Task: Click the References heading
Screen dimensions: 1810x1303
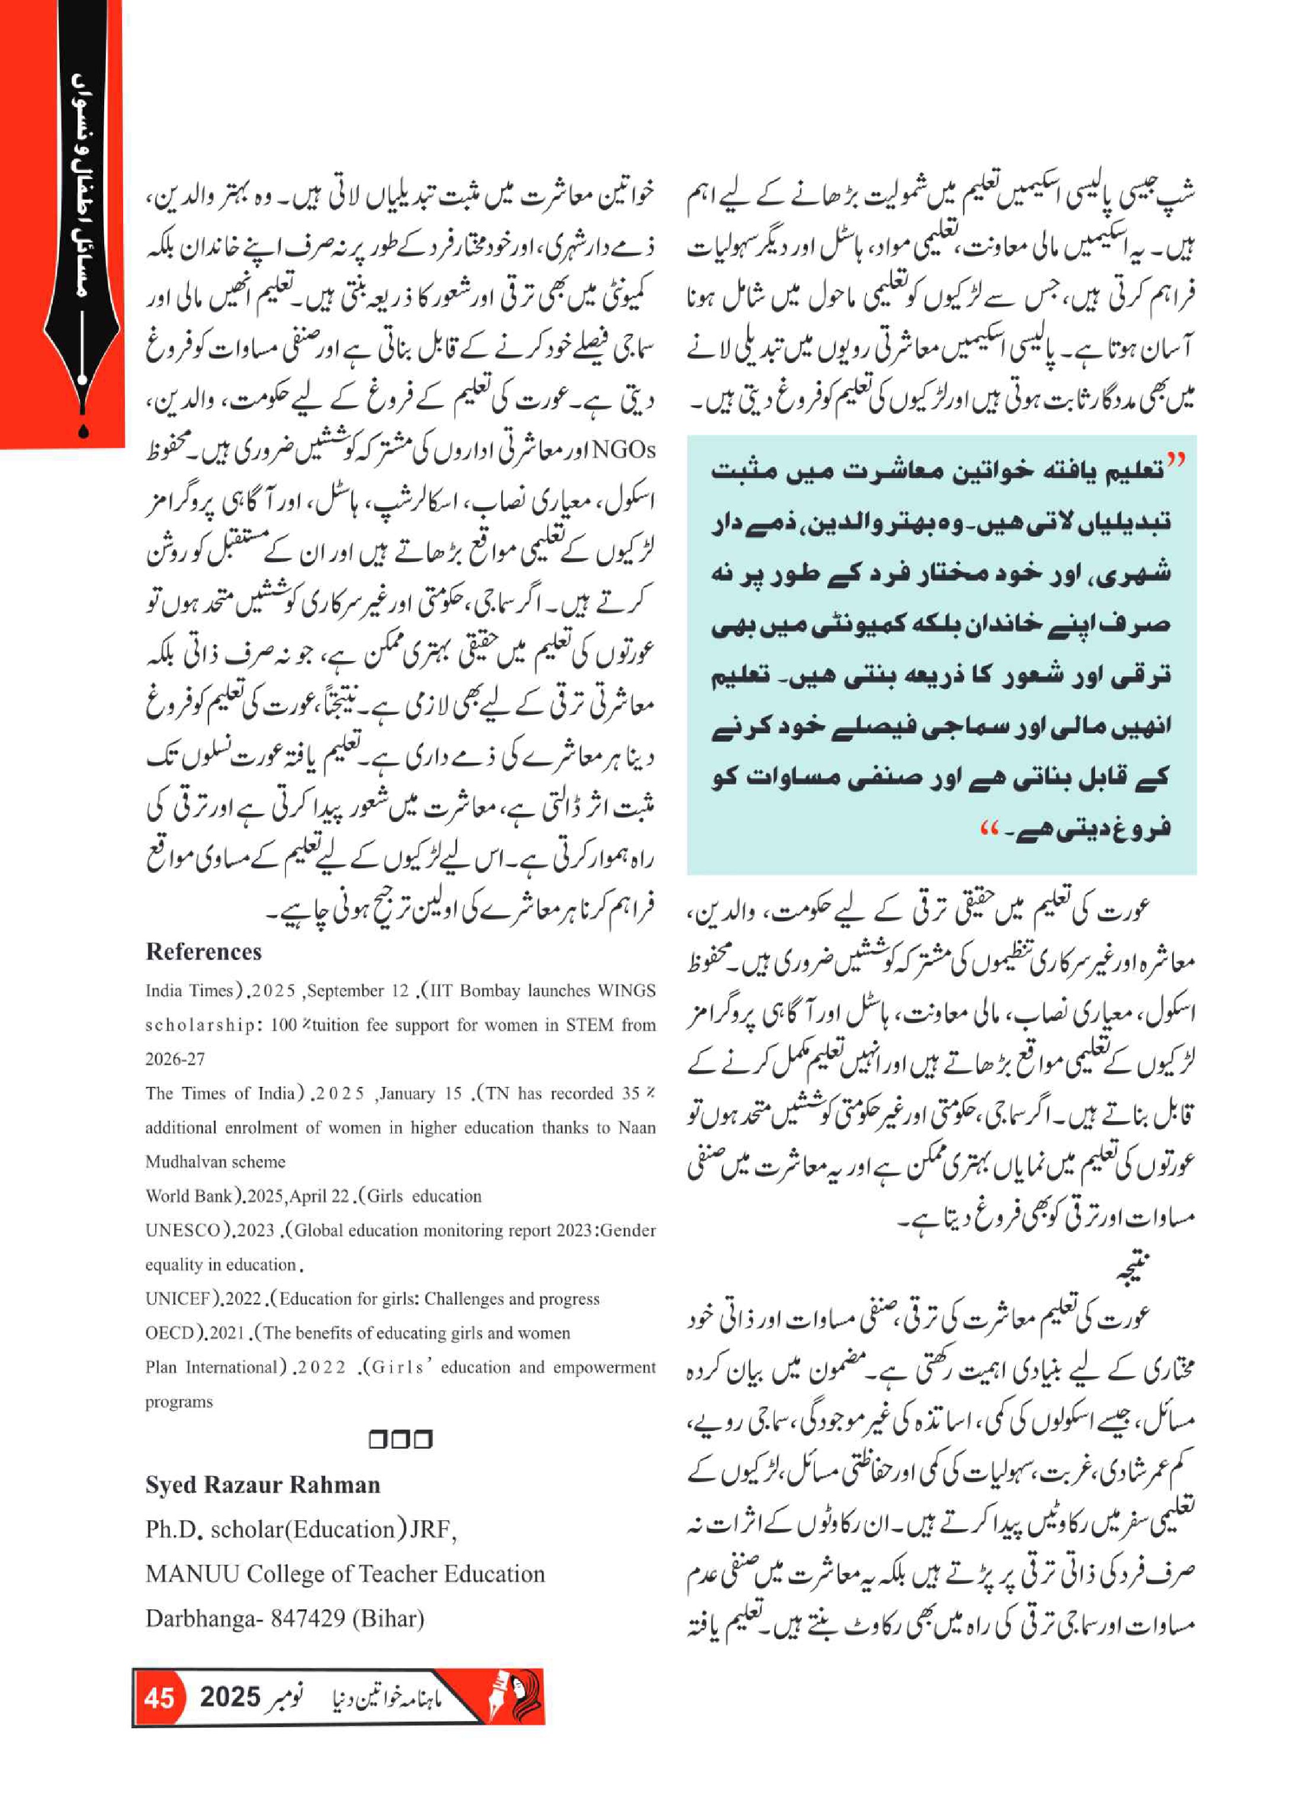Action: [x=204, y=952]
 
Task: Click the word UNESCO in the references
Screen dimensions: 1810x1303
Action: [x=182, y=1231]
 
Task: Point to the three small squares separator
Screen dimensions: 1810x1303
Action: [x=400, y=1440]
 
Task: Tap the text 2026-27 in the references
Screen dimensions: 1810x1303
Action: [x=175, y=1059]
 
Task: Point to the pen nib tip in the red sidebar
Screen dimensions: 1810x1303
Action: [x=84, y=431]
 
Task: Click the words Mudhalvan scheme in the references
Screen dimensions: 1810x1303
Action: [x=214, y=1162]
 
